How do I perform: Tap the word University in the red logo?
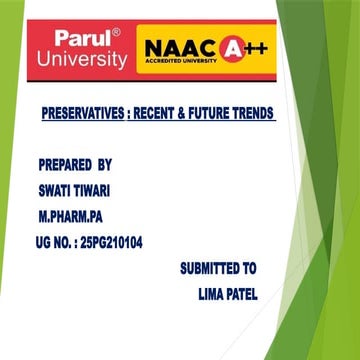tap(82, 60)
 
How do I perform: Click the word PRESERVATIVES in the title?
tap(85, 115)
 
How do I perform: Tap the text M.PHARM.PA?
tap(71, 214)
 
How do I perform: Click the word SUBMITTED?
tap(209, 268)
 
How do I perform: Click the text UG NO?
tap(53, 241)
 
